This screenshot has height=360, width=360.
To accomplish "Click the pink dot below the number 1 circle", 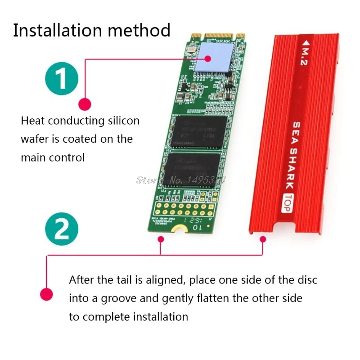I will pos(84,104).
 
